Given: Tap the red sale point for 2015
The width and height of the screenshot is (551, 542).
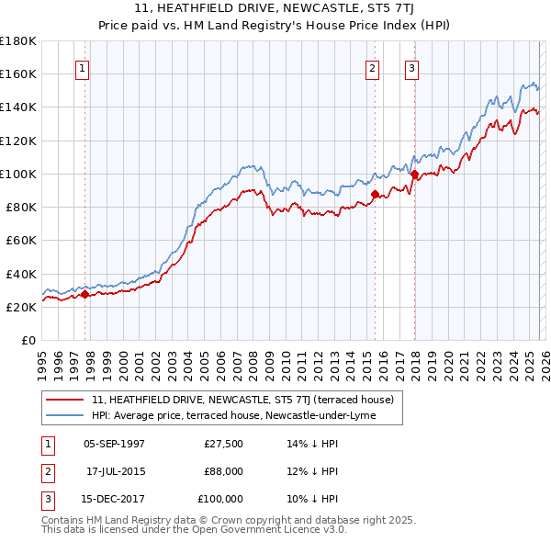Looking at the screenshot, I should coord(376,194).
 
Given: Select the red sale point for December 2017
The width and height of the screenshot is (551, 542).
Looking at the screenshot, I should coord(414,174).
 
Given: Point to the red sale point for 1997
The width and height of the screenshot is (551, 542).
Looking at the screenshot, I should coord(84,295).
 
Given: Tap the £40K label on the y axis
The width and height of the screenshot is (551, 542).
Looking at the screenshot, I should coord(20,274).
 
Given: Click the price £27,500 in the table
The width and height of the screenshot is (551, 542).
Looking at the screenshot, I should coord(223,443).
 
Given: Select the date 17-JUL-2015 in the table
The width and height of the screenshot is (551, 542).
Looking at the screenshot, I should coord(114,471).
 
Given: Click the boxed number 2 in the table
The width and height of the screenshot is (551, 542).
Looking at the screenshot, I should coord(46,471).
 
